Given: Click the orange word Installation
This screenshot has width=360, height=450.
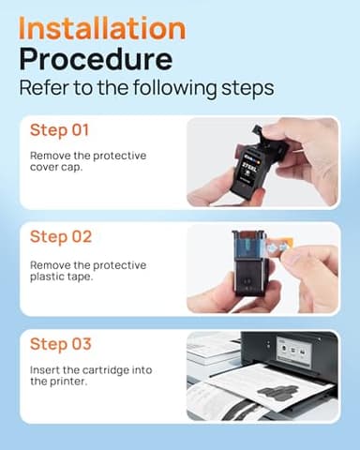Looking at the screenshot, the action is [x=102, y=28].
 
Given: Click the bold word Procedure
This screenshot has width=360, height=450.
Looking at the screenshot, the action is [x=96, y=59].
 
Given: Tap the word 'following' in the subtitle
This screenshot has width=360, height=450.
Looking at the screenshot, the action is [x=174, y=88].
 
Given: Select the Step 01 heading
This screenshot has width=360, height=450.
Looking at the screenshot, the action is [x=59, y=130].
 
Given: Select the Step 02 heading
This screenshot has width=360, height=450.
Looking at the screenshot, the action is [x=61, y=236].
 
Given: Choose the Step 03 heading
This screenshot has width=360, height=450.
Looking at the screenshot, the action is [x=61, y=344].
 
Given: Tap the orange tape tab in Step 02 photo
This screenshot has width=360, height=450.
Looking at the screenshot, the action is [x=280, y=247].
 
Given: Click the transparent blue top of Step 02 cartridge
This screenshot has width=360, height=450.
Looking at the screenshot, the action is [x=249, y=246].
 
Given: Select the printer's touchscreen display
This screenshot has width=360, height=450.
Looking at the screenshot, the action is [x=294, y=351].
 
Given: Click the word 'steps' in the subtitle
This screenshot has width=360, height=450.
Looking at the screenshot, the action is [x=247, y=89].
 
